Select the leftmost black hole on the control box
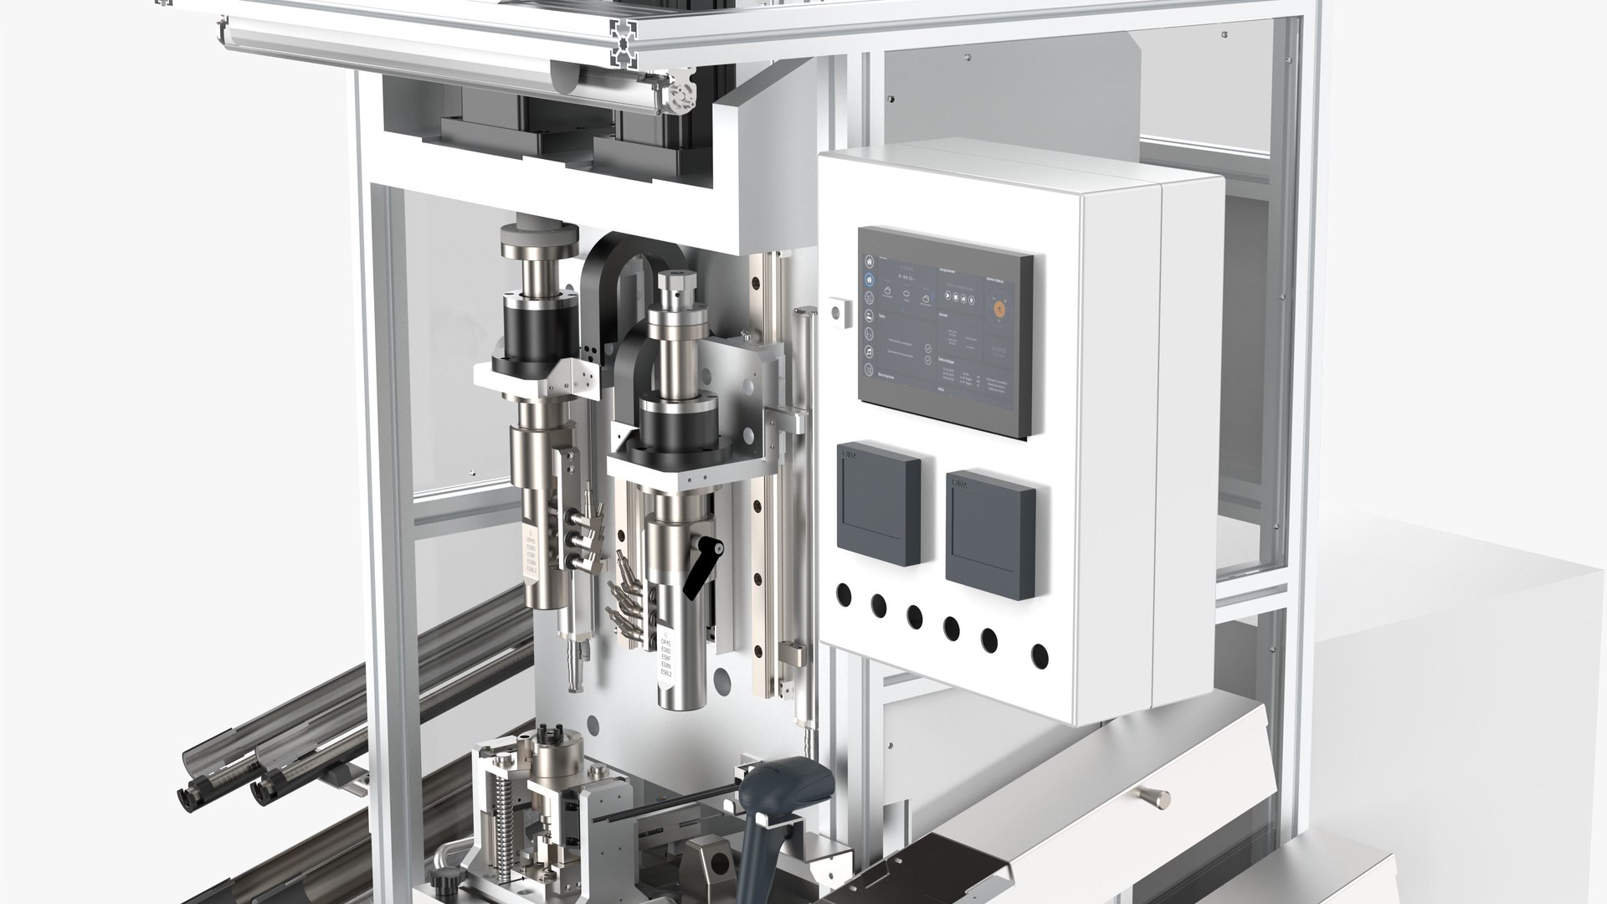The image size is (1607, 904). tap(843, 595)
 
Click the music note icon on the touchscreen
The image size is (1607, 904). tap(869, 352)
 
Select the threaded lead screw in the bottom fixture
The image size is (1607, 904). tap(505, 804)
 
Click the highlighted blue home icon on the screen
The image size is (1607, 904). tap(869, 280)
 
